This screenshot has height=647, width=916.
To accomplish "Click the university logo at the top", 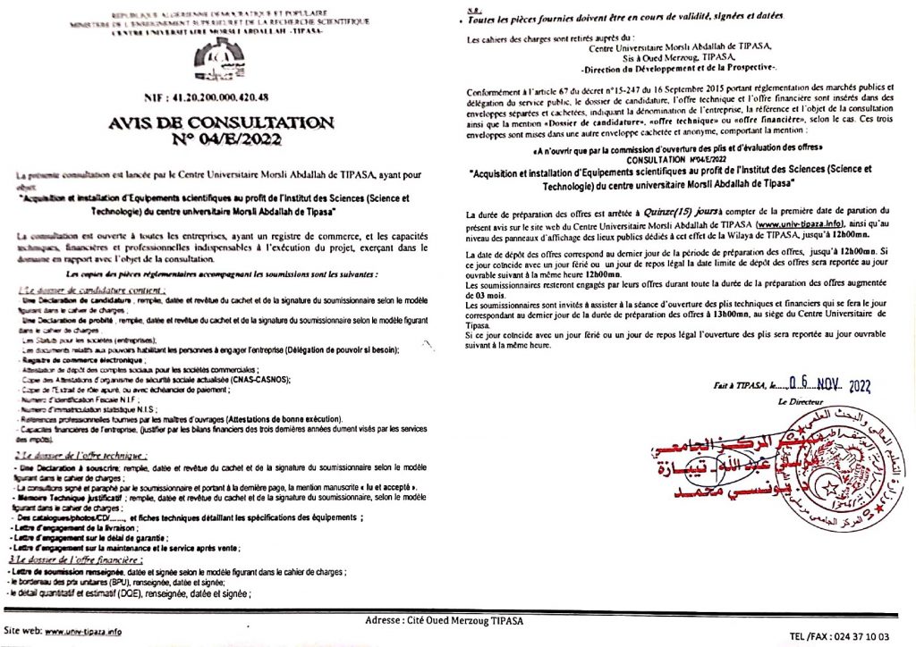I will (x=218, y=59).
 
